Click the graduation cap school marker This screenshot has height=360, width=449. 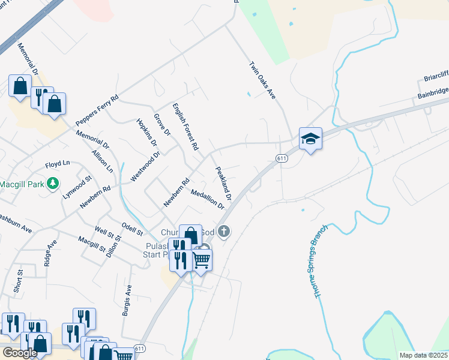pyautogui.click(x=310, y=139)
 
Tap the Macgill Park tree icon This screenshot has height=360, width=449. pyautogui.click(x=53, y=183)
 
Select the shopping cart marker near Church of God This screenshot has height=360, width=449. pyautogui.click(x=201, y=260)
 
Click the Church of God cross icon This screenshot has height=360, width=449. pyautogui.click(x=224, y=232)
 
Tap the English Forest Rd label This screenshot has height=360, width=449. pyautogui.click(x=185, y=126)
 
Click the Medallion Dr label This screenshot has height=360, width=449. pyautogui.click(x=207, y=199)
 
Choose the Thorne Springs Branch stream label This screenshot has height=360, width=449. pyautogui.click(x=320, y=261)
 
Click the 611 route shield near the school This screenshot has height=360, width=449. pyautogui.click(x=282, y=158)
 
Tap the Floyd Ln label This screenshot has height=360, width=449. pyautogui.click(x=58, y=164)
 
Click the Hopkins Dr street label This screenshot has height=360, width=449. pyautogui.click(x=146, y=133)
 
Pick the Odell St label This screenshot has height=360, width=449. pyautogui.click(x=132, y=229)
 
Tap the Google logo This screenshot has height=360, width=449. pyautogui.click(x=19, y=353)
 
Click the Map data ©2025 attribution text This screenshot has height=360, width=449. pyautogui.click(x=423, y=355)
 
